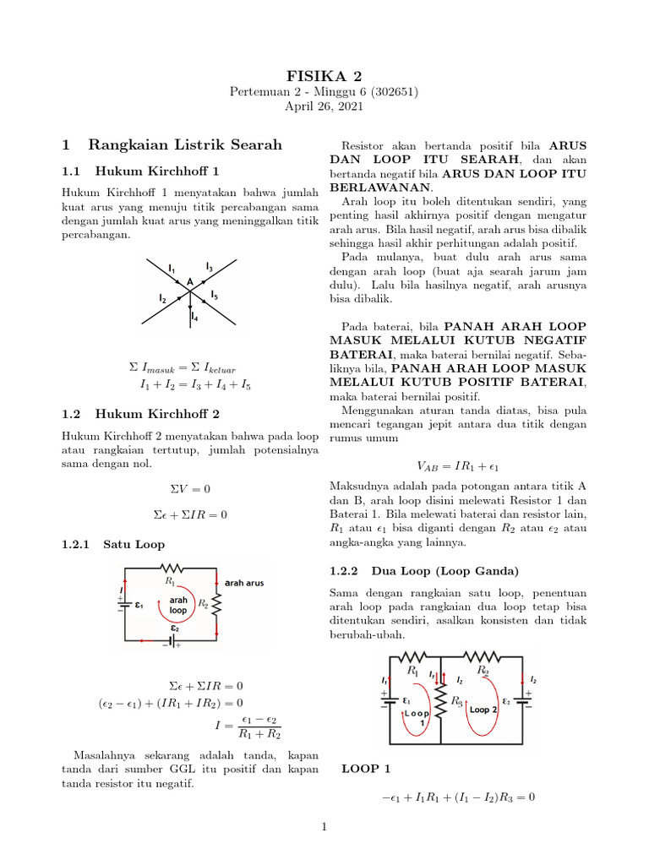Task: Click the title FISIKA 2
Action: (x=324, y=76)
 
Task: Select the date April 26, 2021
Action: (x=324, y=106)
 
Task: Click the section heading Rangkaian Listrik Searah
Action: (x=184, y=145)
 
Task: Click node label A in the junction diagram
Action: (x=189, y=281)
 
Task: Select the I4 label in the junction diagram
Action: (x=194, y=318)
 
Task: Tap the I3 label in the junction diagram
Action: (x=209, y=267)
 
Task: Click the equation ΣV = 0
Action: (x=190, y=489)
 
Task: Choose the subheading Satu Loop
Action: (x=134, y=545)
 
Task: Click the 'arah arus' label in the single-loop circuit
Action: (x=244, y=582)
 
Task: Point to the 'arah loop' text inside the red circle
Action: (x=178, y=604)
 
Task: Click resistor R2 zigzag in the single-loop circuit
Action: (x=217, y=604)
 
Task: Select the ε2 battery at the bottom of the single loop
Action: (x=173, y=639)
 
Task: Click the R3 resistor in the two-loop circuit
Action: (x=440, y=701)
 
